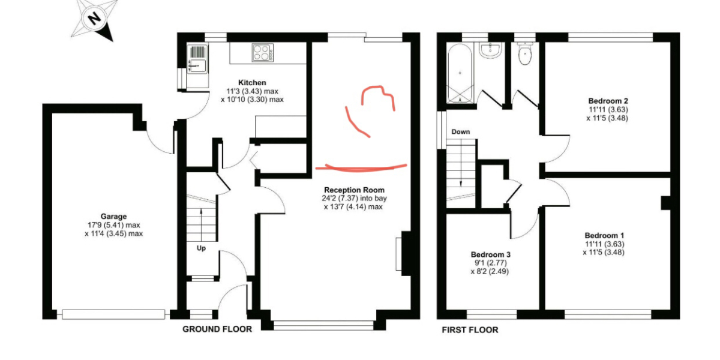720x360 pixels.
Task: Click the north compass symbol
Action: coord(93,20)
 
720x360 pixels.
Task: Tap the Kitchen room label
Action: coord(251,82)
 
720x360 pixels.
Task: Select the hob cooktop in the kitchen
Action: coord(263,52)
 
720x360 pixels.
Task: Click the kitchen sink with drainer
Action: coord(198,59)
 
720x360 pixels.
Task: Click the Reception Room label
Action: coord(352,190)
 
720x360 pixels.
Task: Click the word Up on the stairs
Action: coord(201,248)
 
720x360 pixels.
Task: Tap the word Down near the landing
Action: coord(461,131)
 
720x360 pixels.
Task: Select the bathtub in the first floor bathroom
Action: coord(460,74)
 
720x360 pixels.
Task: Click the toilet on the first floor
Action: coord(526,56)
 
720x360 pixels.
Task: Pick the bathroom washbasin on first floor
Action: coord(491,51)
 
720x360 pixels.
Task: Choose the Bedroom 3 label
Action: coord(490,254)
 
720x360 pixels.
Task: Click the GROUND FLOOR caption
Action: coord(217,329)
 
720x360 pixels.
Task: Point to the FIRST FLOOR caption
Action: coord(470,329)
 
